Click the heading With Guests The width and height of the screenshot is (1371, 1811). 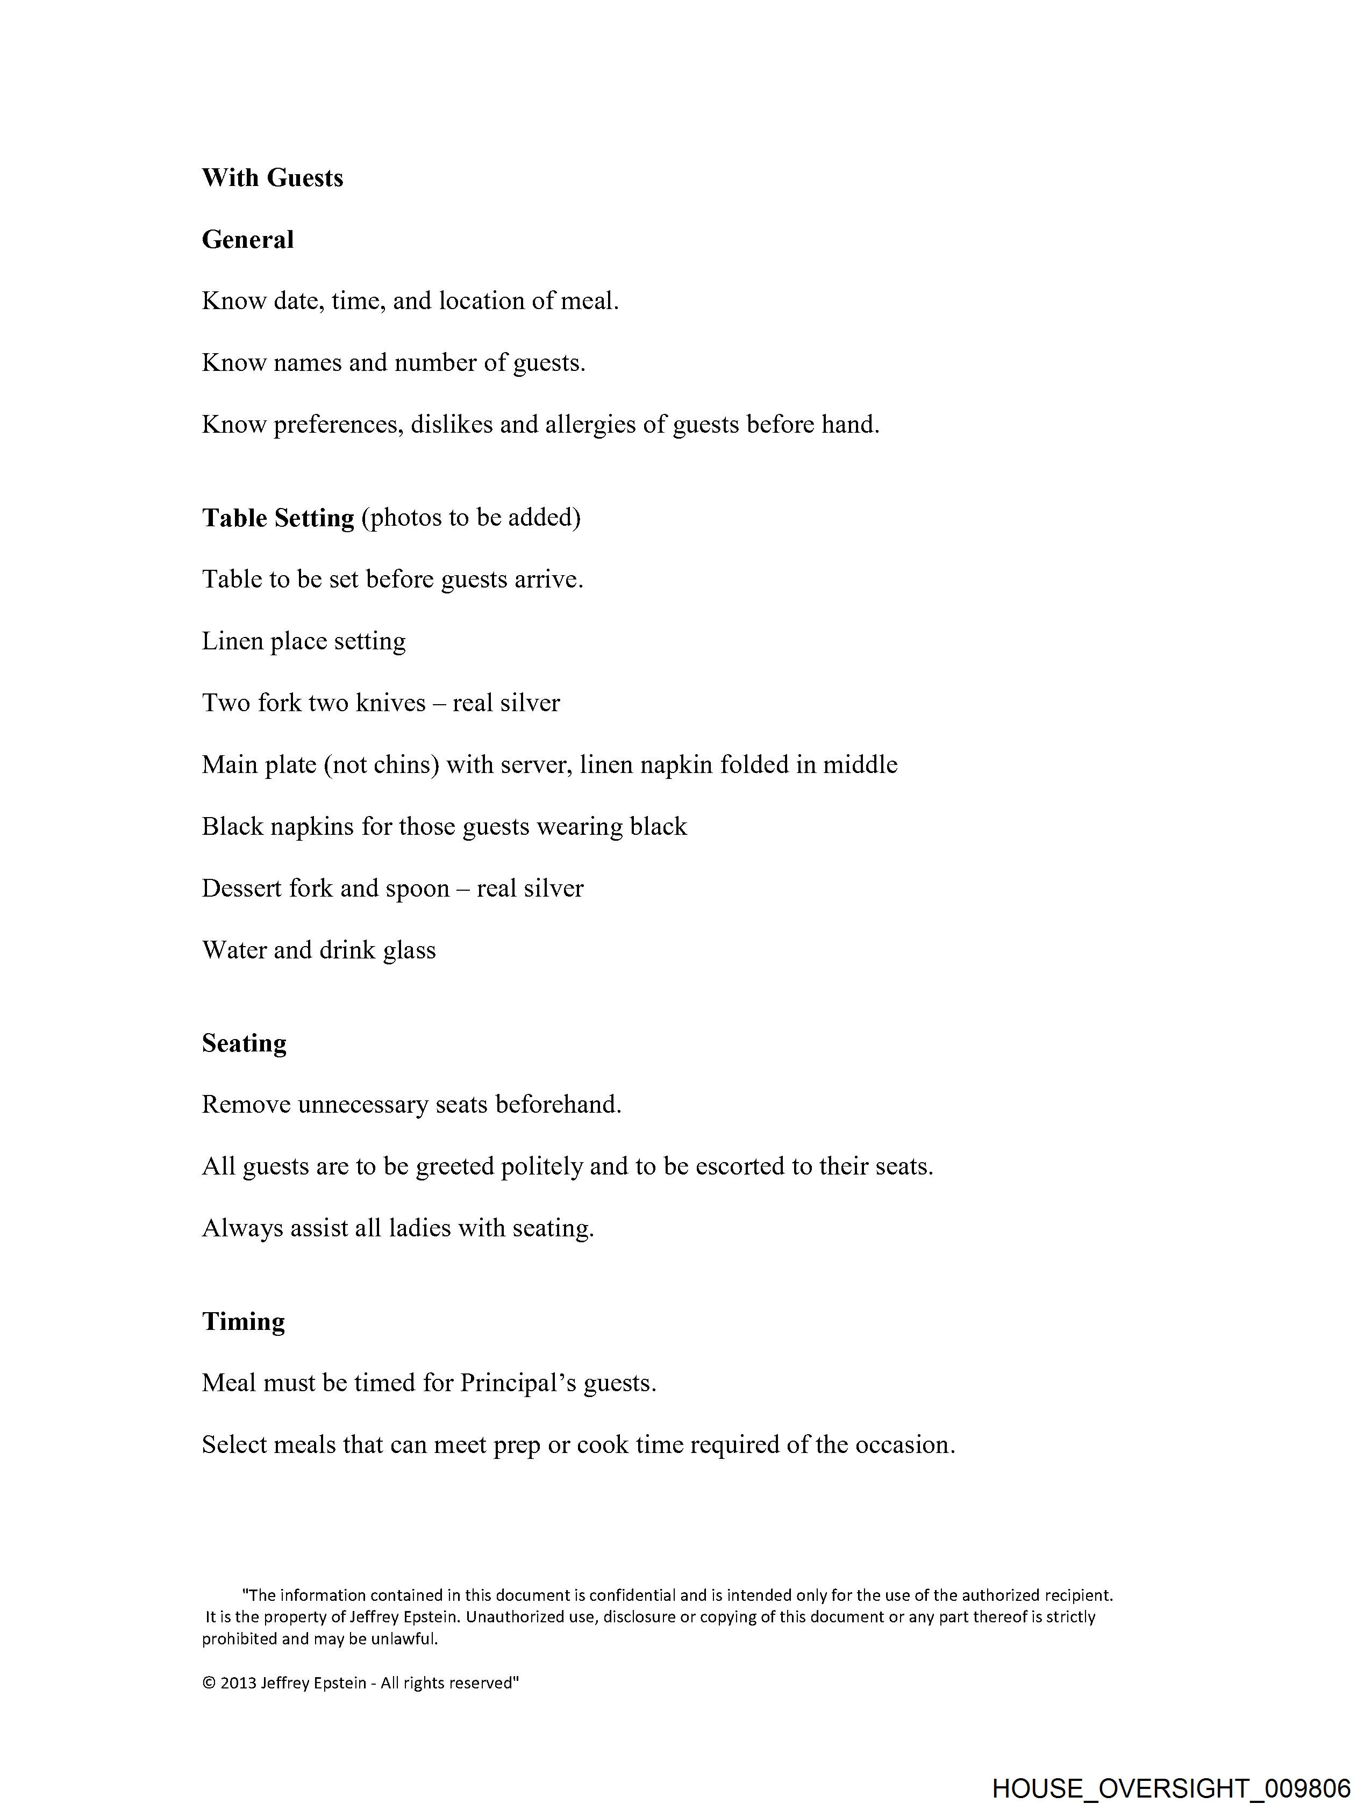click(272, 178)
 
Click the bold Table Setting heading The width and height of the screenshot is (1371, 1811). click(277, 518)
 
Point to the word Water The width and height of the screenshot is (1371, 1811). click(234, 950)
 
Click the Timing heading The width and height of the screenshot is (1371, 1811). click(243, 1321)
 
